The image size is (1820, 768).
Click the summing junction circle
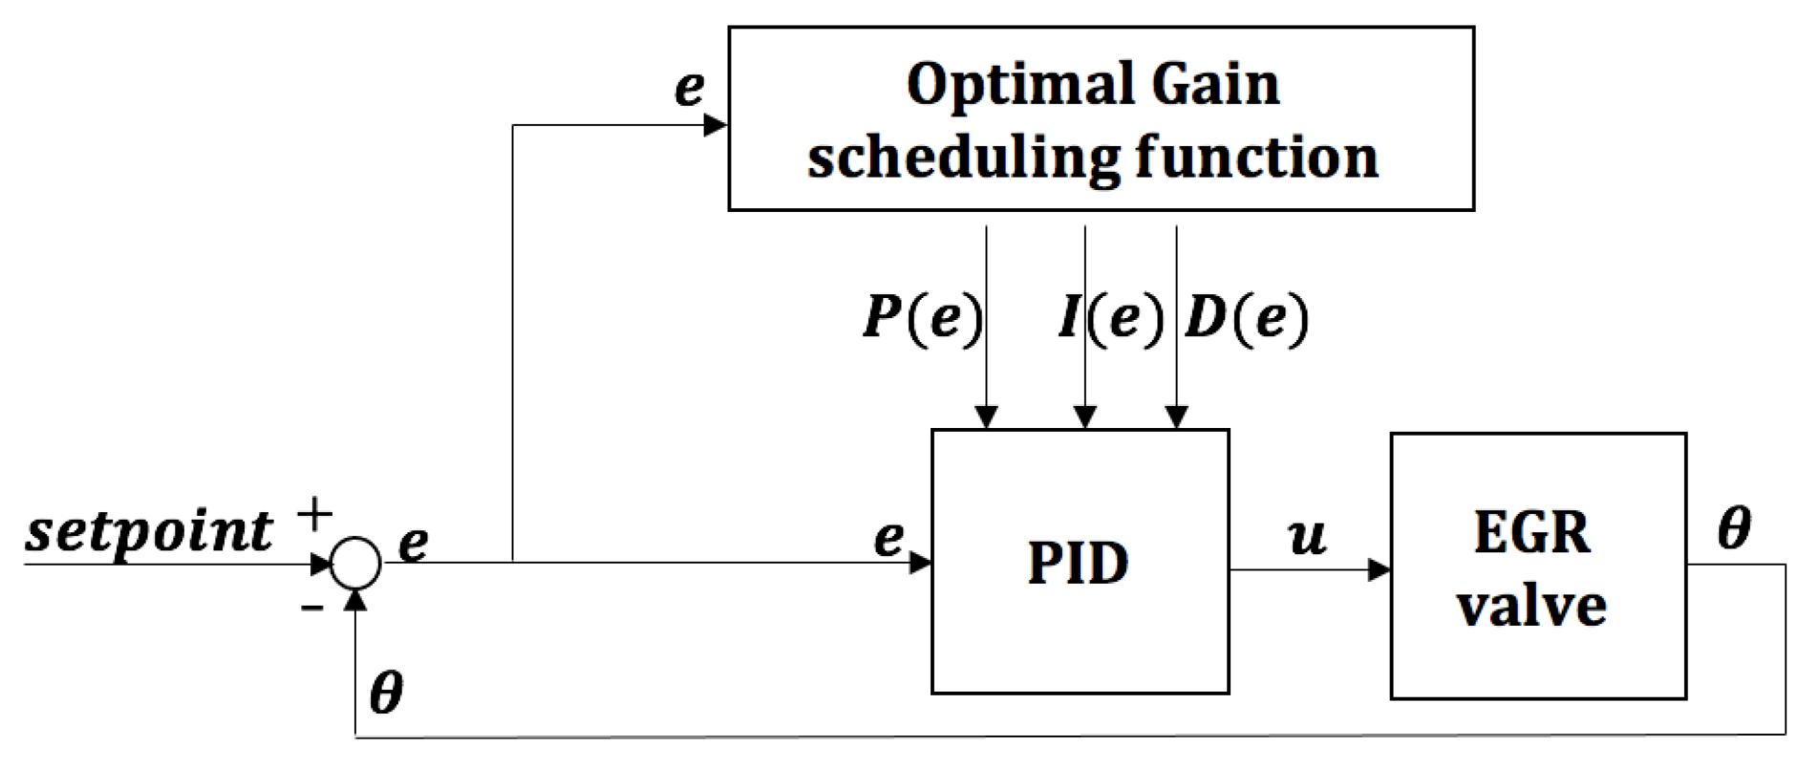point(355,563)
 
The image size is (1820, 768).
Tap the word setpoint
point(149,530)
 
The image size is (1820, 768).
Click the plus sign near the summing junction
point(314,515)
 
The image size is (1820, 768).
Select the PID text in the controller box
point(1078,563)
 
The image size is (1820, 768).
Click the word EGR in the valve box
point(1531,532)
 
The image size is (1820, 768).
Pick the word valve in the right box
point(1531,606)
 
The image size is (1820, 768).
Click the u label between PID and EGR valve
point(1306,537)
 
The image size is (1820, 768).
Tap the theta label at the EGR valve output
point(1733,527)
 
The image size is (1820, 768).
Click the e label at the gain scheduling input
point(689,89)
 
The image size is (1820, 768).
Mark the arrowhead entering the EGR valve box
point(1380,570)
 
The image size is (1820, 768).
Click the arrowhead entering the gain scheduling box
point(716,124)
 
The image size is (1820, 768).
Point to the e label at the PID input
point(889,539)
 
